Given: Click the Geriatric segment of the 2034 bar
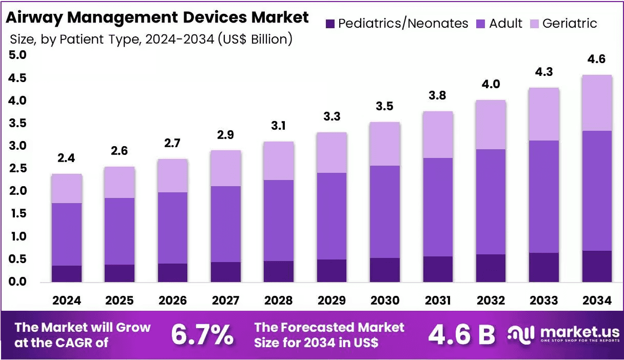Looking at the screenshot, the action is pos(597,103).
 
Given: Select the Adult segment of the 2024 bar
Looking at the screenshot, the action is pos(67,234).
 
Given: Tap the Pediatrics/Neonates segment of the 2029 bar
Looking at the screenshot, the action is pos(332,271).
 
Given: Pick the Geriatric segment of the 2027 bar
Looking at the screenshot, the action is pos(226,168).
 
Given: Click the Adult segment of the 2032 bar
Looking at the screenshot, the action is pos(491,202).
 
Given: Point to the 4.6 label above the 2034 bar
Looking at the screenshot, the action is pos(596,59).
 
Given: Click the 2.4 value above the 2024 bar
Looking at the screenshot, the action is pos(66,158).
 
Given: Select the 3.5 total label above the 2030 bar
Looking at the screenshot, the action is pos(384,106).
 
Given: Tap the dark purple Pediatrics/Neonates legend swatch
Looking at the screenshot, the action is pos(330,24).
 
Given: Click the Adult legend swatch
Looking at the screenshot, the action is pos(481,24).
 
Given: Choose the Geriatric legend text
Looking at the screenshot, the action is pos(570,24).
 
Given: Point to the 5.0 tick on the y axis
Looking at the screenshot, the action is pos(17,55).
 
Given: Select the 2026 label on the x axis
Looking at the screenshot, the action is pos(173,301).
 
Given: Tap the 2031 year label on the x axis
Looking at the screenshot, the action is pos(438,301).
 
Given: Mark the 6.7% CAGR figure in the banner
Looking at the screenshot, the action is pos(202,334).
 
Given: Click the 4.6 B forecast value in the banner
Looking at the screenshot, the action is pos(462,334).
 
